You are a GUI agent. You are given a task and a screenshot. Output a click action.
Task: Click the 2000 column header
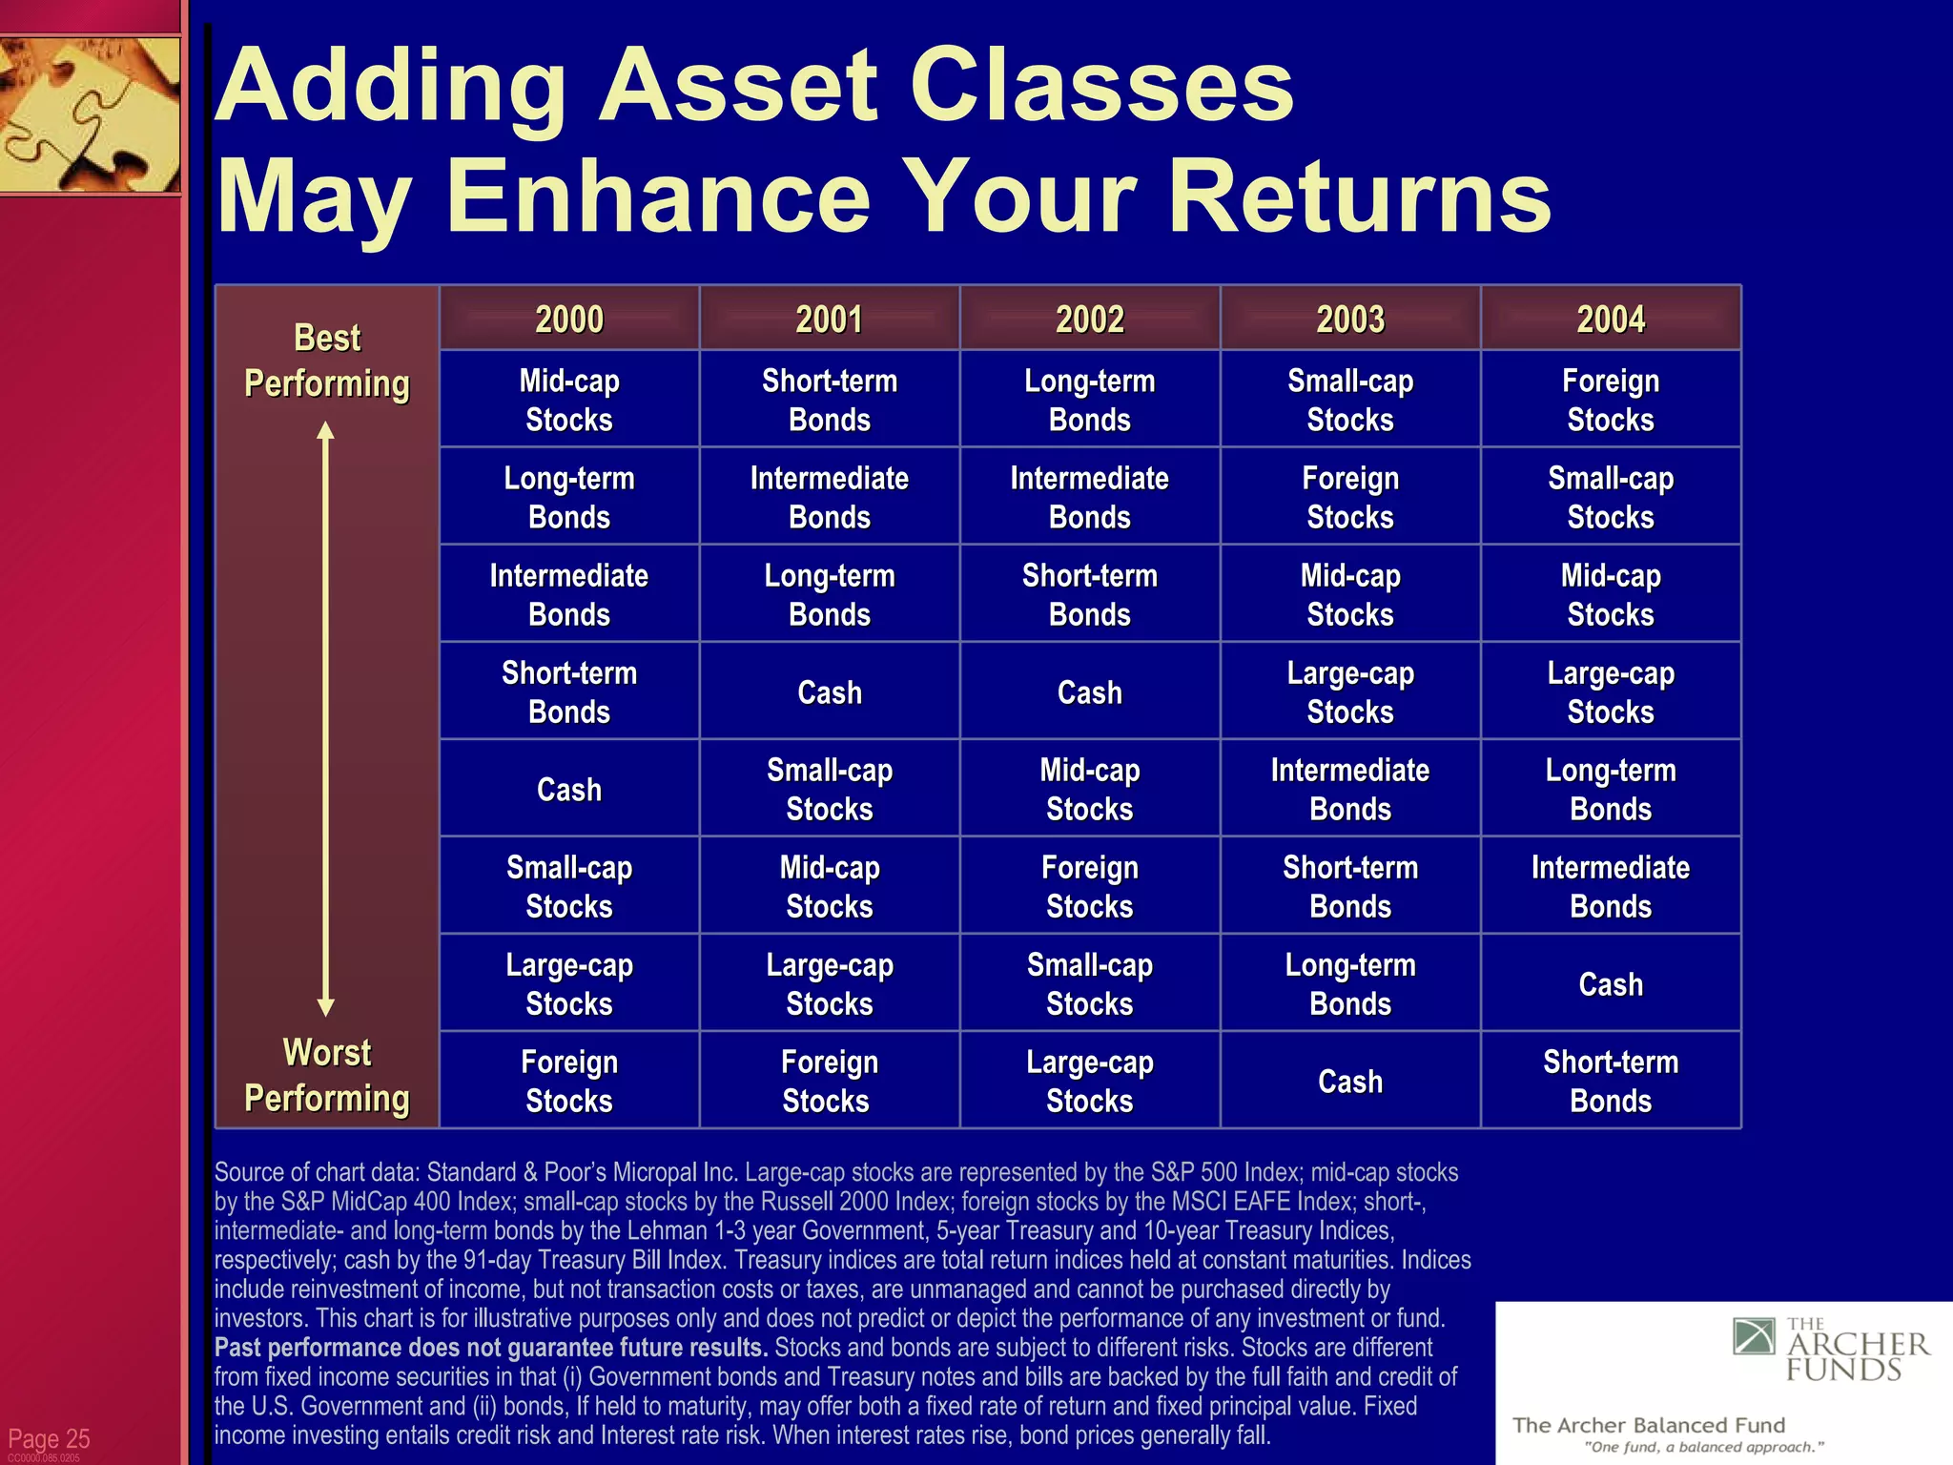tap(569, 319)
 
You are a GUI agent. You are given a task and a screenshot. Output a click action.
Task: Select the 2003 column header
tap(1350, 319)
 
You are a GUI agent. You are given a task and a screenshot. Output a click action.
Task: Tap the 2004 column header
tap(1611, 319)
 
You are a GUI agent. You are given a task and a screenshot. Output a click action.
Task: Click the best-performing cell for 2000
tap(569, 400)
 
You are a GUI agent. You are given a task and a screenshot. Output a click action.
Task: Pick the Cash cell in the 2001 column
tap(830, 691)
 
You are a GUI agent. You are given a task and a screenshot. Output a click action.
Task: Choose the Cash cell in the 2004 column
tap(1611, 983)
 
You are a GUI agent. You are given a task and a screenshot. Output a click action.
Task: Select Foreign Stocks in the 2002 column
tap(1090, 886)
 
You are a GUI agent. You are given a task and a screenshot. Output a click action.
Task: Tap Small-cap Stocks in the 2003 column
tap(1350, 400)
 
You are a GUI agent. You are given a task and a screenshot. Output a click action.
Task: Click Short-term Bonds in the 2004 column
tap(1611, 1081)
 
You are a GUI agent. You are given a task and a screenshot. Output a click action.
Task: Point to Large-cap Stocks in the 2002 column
tap(1090, 1081)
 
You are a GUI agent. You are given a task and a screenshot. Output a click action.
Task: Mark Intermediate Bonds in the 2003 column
tap(1350, 789)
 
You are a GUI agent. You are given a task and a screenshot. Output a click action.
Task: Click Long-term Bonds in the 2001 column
tap(830, 594)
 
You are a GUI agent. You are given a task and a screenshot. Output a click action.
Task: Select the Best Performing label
tap(327, 361)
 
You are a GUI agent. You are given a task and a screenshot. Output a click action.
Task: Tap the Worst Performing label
tap(327, 1075)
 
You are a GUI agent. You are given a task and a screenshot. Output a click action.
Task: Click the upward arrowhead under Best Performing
tap(326, 431)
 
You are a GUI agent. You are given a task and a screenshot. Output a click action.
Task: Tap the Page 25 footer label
tap(49, 1438)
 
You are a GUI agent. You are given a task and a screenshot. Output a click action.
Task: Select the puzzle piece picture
tap(90, 114)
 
